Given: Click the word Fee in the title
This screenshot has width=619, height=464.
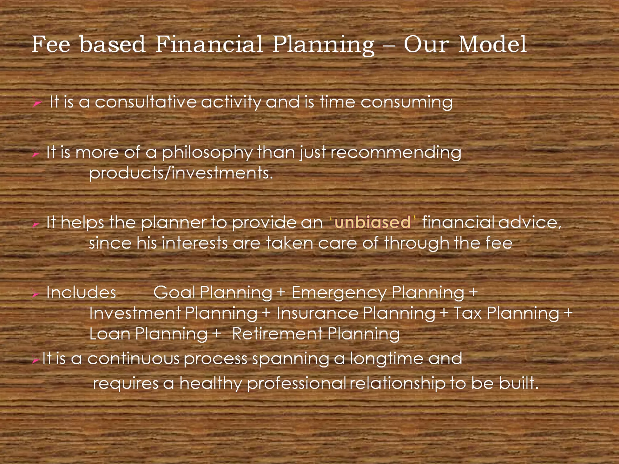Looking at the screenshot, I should tap(51, 45).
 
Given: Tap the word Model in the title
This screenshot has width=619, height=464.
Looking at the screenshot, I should tap(492, 45).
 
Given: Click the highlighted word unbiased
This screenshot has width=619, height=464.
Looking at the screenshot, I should tap(372, 223).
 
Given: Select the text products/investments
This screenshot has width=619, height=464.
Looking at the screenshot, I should tap(181, 173).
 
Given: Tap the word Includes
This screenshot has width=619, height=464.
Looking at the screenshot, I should tap(81, 293).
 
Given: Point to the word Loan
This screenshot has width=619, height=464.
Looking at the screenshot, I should tap(109, 334).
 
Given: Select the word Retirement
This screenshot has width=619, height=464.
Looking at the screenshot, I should tap(277, 334).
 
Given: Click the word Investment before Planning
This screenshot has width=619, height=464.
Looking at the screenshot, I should tap(135, 313).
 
